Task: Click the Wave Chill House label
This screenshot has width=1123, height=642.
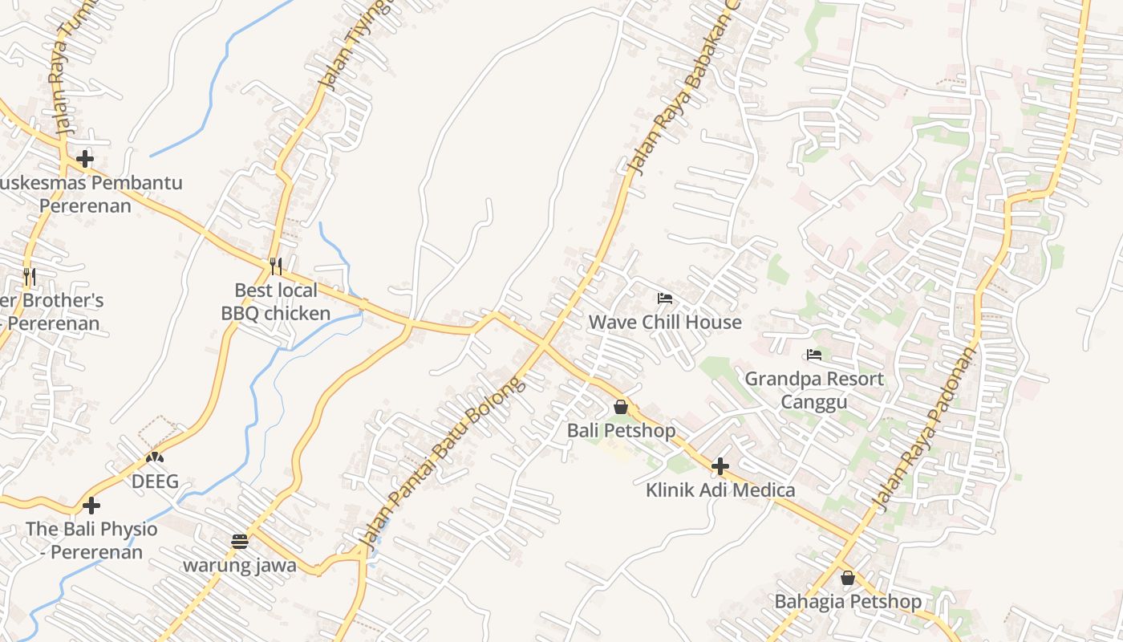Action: [665, 323]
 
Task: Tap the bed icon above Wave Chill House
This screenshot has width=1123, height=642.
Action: [665, 299]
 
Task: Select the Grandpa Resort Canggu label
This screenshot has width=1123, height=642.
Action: [814, 389]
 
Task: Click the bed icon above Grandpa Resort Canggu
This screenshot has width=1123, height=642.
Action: [814, 355]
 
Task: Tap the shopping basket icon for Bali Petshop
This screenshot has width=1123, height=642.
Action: [620, 407]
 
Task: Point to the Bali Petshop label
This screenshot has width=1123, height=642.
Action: [621, 431]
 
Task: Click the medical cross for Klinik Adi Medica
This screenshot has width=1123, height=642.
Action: [720, 465]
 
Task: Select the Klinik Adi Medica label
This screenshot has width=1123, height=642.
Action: [720, 490]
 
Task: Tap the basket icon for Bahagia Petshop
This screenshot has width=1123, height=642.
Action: [848, 578]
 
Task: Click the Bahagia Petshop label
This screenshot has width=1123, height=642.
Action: [848, 602]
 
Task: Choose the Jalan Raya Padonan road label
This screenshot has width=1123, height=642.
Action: [927, 429]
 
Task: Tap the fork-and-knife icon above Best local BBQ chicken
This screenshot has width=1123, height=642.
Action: [275, 265]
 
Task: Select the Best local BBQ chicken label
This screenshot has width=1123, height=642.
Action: [276, 302]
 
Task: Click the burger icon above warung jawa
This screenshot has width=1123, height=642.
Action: [240, 541]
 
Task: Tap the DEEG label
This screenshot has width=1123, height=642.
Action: [155, 482]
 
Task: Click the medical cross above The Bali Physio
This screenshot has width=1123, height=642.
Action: [91, 506]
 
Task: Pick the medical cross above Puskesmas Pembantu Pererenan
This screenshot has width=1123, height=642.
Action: [85, 159]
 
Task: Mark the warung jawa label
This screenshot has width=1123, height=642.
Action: [240, 566]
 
